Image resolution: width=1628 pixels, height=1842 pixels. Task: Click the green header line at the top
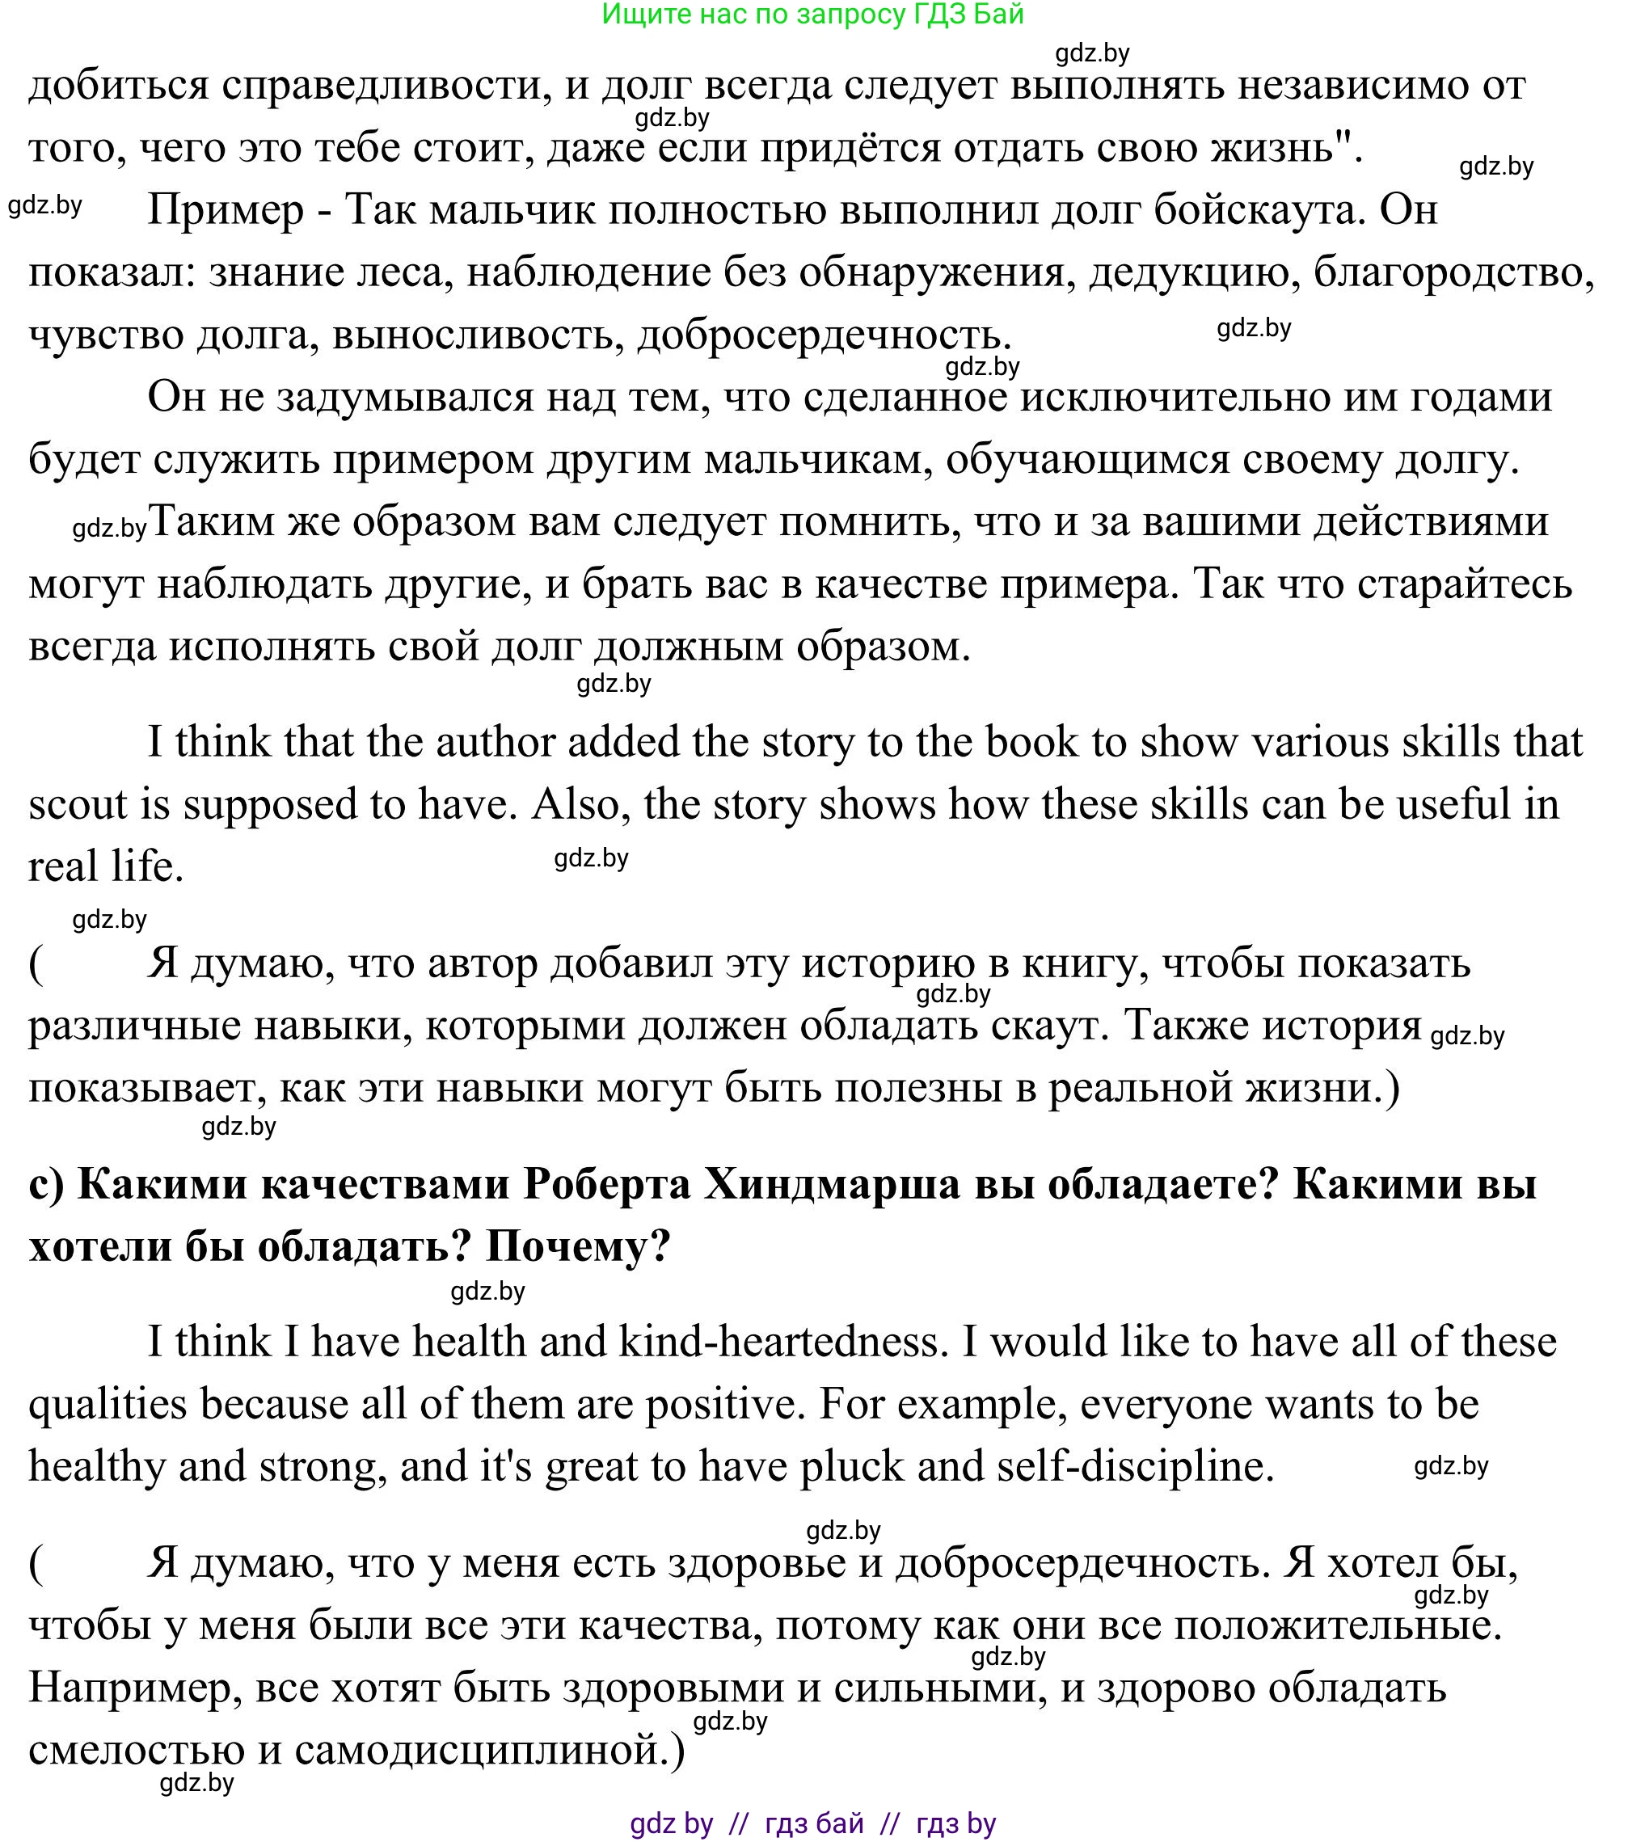[x=812, y=15]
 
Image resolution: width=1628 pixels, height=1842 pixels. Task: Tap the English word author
[x=495, y=742]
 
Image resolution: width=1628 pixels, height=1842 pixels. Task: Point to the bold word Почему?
[x=578, y=1246]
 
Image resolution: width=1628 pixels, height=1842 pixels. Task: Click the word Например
[x=135, y=1687]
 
